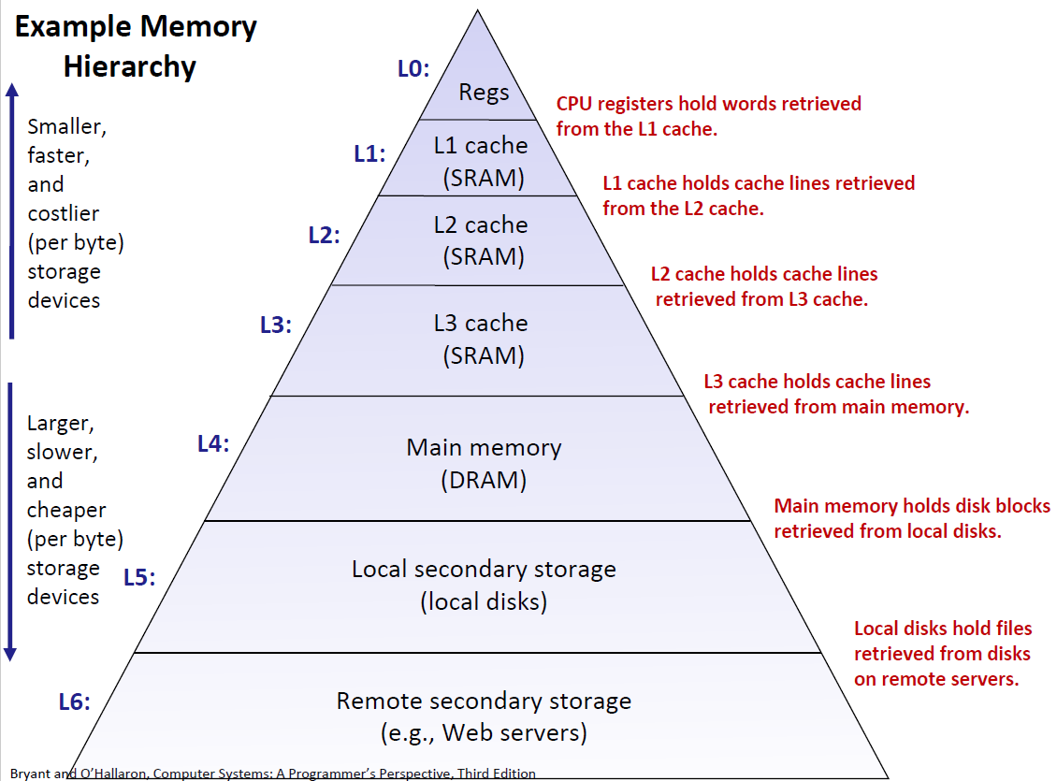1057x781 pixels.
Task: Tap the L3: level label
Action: [276, 325]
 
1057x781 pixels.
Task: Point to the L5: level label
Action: [139, 577]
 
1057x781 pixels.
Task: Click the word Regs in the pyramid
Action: [484, 92]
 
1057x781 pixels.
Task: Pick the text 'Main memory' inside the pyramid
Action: [484, 447]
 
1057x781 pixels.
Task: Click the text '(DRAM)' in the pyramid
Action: [484, 480]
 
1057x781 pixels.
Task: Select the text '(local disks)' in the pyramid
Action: [484, 600]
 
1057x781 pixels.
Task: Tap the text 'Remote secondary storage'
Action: [484, 701]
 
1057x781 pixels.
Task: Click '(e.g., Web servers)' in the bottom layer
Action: [484, 732]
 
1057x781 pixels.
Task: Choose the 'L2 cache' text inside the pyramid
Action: [481, 225]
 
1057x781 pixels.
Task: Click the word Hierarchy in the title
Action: [130, 66]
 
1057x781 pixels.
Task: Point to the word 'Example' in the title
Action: [73, 26]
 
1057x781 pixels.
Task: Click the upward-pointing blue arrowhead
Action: [12, 90]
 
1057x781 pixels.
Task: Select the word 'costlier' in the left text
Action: [64, 213]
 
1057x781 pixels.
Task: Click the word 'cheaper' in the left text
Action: [66, 511]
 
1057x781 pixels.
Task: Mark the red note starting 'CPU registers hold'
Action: [708, 104]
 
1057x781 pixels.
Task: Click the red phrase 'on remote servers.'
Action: [935, 679]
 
